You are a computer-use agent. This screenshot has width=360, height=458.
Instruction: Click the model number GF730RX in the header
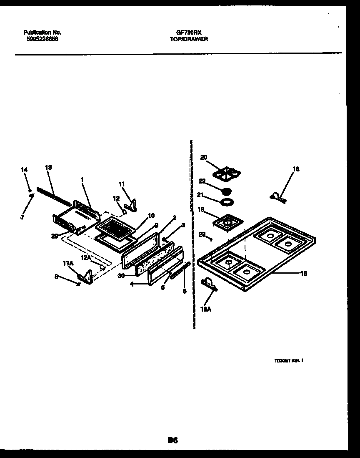click(189, 32)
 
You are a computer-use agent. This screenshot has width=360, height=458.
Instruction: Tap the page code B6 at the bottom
click(172, 440)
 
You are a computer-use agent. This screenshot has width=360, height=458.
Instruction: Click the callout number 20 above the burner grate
click(203, 157)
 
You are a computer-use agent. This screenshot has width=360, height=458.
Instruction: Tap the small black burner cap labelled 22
click(227, 191)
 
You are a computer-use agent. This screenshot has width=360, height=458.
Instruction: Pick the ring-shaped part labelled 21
click(226, 202)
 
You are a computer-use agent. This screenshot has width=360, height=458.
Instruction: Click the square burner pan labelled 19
click(227, 222)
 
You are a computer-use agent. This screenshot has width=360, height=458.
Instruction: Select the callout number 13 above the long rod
click(48, 167)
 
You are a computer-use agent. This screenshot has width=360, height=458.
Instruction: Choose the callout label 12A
click(86, 258)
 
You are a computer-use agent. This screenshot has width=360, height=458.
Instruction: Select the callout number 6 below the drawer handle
click(184, 291)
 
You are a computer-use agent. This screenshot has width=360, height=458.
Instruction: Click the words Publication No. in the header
click(42, 32)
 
